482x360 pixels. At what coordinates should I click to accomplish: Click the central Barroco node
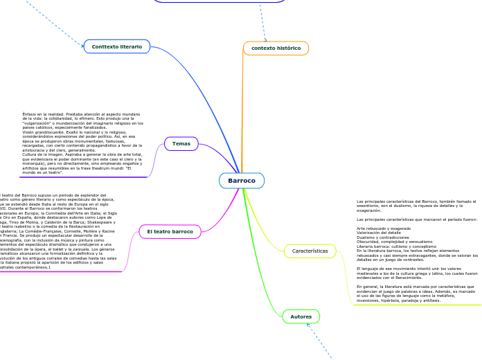click(x=242, y=181)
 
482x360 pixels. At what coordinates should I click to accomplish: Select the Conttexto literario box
click(x=117, y=46)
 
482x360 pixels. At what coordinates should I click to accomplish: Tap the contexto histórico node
click(x=276, y=48)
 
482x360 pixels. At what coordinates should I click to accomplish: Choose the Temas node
click(x=181, y=144)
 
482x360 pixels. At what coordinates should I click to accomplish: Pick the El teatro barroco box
click(x=170, y=231)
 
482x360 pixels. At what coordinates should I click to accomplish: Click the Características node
click(x=310, y=251)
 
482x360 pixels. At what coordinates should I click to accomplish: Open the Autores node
click(x=301, y=317)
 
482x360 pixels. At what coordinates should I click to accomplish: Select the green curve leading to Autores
click(x=267, y=270)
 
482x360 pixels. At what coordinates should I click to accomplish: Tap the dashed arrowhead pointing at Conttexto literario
click(x=82, y=46)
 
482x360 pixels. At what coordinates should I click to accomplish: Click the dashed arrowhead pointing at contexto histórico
click(x=265, y=39)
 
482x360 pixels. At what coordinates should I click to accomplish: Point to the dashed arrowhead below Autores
click(x=308, y=327)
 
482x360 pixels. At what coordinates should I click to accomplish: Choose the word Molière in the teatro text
click(x=83, y=231)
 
